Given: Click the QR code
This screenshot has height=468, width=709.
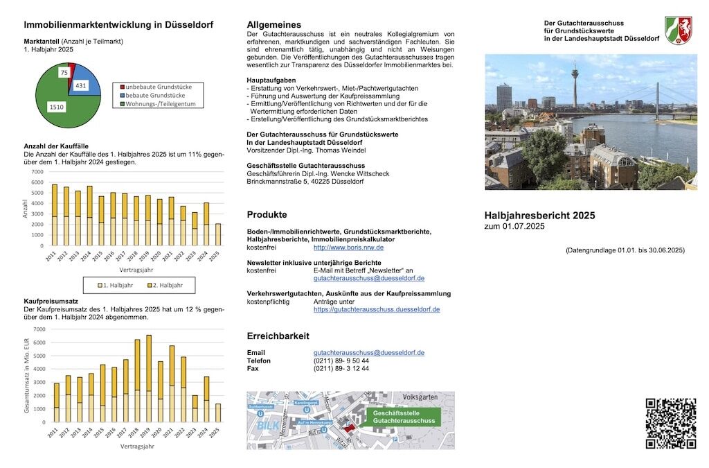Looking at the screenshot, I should pos(670,423).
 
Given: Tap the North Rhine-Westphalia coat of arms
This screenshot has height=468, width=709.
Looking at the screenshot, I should pos(678,31).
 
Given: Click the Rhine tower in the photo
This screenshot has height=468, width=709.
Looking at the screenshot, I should pos(575,87).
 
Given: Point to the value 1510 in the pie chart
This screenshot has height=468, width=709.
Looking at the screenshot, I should pos(57,107).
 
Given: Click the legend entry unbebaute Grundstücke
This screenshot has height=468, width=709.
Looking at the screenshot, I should pos(159,87).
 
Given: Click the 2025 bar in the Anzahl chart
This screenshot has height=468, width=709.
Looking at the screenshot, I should pos(217,234).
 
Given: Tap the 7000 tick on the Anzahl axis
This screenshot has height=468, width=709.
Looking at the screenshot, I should pos(37,172).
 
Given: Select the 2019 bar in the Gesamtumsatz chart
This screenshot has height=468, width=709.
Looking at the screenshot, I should pos(148,378).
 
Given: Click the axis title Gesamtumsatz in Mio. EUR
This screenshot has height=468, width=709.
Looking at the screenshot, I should pos(27,375).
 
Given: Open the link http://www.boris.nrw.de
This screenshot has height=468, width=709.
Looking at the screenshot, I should pos(348,248).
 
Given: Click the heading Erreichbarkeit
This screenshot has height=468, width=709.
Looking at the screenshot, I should pos(278,336).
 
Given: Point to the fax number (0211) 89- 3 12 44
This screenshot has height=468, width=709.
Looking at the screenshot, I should pos(341,369).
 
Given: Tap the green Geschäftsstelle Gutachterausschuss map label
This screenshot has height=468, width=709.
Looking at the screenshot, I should pos(404,417).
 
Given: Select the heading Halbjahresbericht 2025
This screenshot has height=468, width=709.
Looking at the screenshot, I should pos(539,216).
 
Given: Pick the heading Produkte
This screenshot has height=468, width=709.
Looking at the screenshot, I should pos(267,215).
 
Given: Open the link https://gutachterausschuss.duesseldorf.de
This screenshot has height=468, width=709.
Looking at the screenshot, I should pos(376,309).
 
